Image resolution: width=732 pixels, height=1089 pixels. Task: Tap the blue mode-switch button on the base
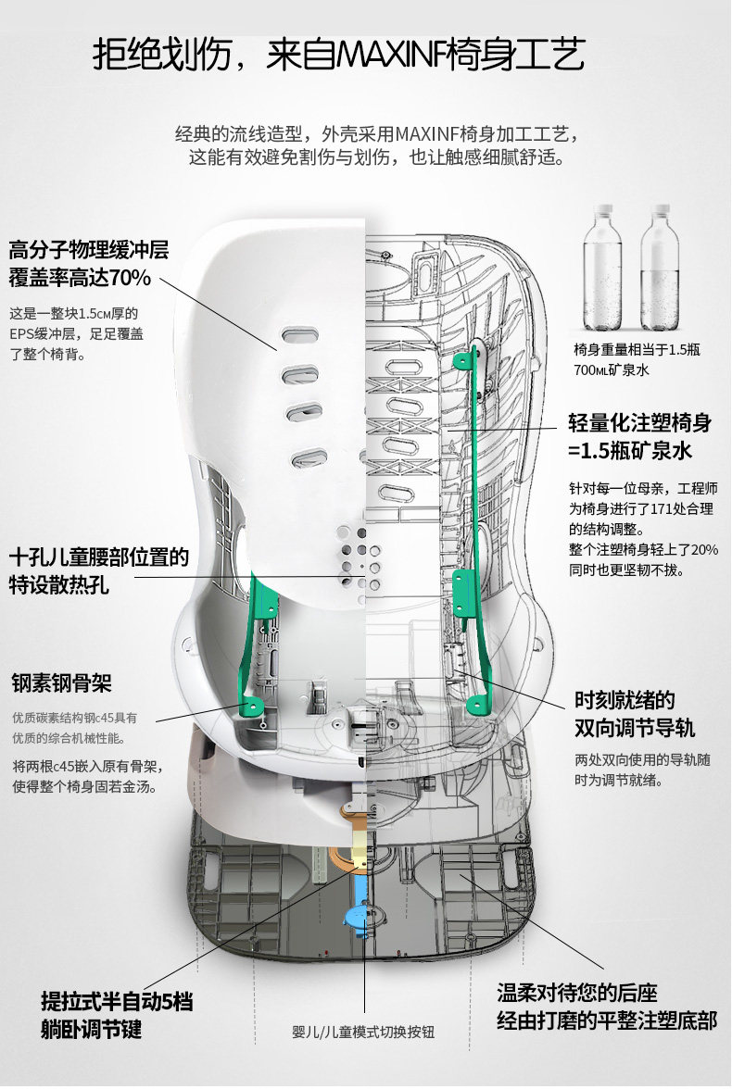coord(360,913)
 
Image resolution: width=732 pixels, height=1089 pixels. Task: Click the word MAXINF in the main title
coord(387,56)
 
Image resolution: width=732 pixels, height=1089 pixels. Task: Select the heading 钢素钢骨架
coord(61,684)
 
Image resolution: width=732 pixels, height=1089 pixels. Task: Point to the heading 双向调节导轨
coord(634,727)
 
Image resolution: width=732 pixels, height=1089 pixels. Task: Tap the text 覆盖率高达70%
coord(80,277)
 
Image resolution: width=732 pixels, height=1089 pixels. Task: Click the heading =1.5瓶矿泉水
coord(630,451)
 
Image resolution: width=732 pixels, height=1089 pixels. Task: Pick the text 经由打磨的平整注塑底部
coord(607,1021)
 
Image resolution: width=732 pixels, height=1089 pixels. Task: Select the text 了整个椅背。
coord(47,353)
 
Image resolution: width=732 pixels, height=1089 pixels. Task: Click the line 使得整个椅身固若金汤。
coord(83,786)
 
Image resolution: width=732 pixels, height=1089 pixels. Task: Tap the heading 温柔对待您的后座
coord(577,994)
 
